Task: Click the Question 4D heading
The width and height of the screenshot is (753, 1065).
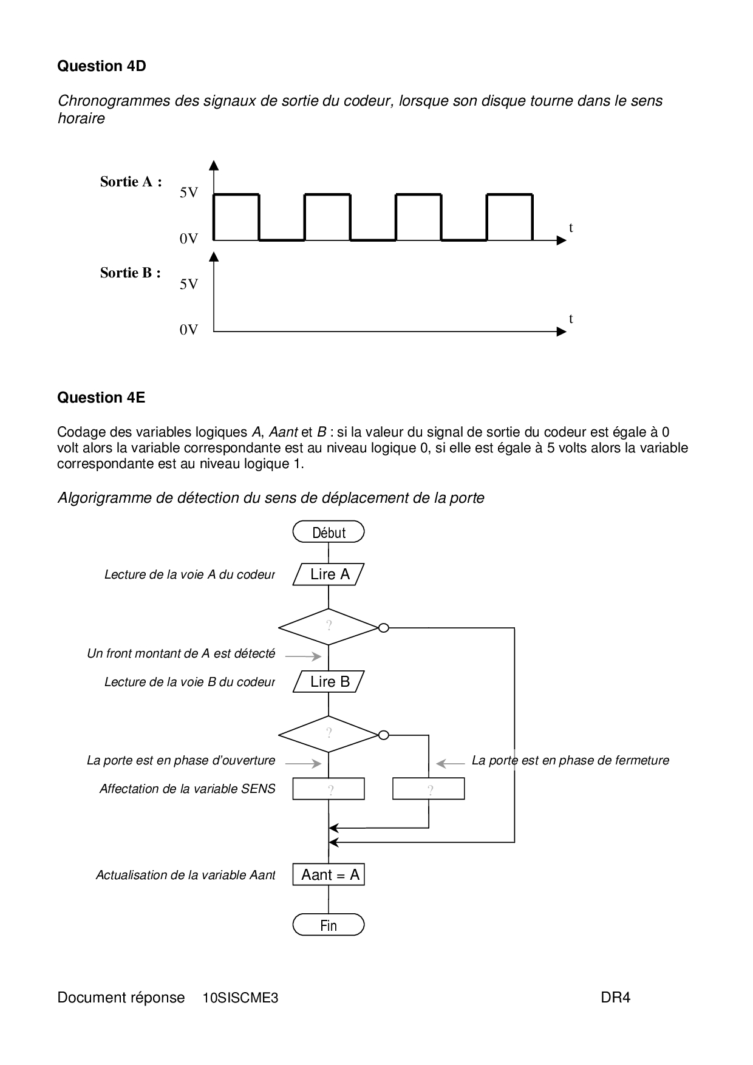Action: pyautogui.click(x=101, y=66)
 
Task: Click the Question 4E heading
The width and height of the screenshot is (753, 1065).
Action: pyautogui.click(x=101, y=398)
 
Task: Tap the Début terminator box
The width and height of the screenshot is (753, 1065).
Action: pyautogui.click(x=329, y=532)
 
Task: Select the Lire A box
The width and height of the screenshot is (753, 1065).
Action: pyautogui.click(x=329, y=574)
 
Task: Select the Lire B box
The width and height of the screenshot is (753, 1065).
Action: pyautogui.click(x=329, y=682)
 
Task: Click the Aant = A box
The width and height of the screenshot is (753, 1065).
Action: pyautogui.click(x=329, y=875)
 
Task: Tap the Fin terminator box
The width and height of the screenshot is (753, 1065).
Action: pyautogui.click(x=329, y=925)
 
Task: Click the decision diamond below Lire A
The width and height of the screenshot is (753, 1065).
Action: pyautogui.click(x=329, y=627)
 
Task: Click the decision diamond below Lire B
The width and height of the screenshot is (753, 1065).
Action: pyautogui.click(x=329, y=734)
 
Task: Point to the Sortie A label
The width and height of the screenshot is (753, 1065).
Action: pyautogui.click(x=131, y=182)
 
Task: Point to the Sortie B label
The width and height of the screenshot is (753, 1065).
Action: pyautogui.click(x=130, y=273)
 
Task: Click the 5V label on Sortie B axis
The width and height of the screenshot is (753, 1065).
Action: pyautogui.click(x=189, y=284)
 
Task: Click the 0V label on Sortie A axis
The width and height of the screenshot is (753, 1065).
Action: pyautogui.click(x=189, y=239)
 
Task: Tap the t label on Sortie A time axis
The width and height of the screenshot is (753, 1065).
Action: pyautogui.click(x=571, y=228)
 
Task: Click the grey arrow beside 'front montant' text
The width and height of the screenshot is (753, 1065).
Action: pyautogui.click(x=303, y=656)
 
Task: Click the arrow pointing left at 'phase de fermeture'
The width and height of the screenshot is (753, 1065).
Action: pyautogui.click(x=450, y=763)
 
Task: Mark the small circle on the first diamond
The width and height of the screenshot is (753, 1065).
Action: pyautogui.click(x=383, y=628)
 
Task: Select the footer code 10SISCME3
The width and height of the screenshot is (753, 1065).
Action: pyautogui.click(x=240, y=998)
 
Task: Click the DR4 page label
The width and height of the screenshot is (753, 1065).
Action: pyautogui.click(x=615, y=998)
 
